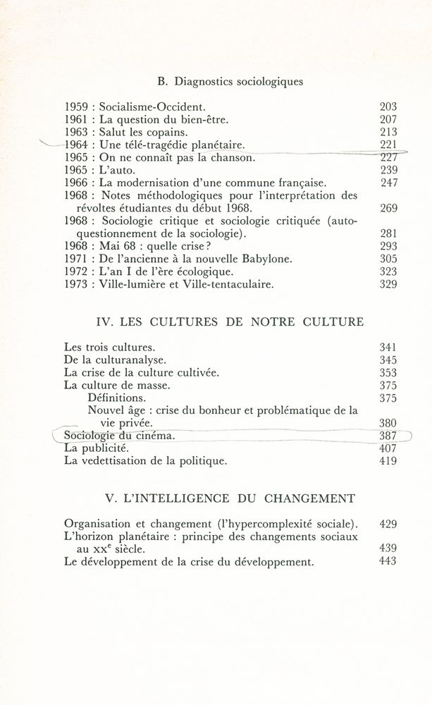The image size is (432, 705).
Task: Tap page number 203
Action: (x=388, y=107)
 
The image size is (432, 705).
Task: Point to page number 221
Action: (x=388, y=145)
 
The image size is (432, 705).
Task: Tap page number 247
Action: (x=388, y=183)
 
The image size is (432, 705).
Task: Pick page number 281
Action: (x=388, y=233)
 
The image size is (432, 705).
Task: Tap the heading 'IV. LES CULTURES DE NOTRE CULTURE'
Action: (x=229, y=322)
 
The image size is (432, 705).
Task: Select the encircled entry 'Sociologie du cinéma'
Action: (x=119, y=436)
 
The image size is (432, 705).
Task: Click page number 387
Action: (x=388, y=436)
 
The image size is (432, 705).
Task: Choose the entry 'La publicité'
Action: (x=97, y=448)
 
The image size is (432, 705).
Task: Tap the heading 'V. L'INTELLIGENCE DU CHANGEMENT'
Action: (x=229, y=499)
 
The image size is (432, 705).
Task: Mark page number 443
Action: (x=387, y=561)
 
